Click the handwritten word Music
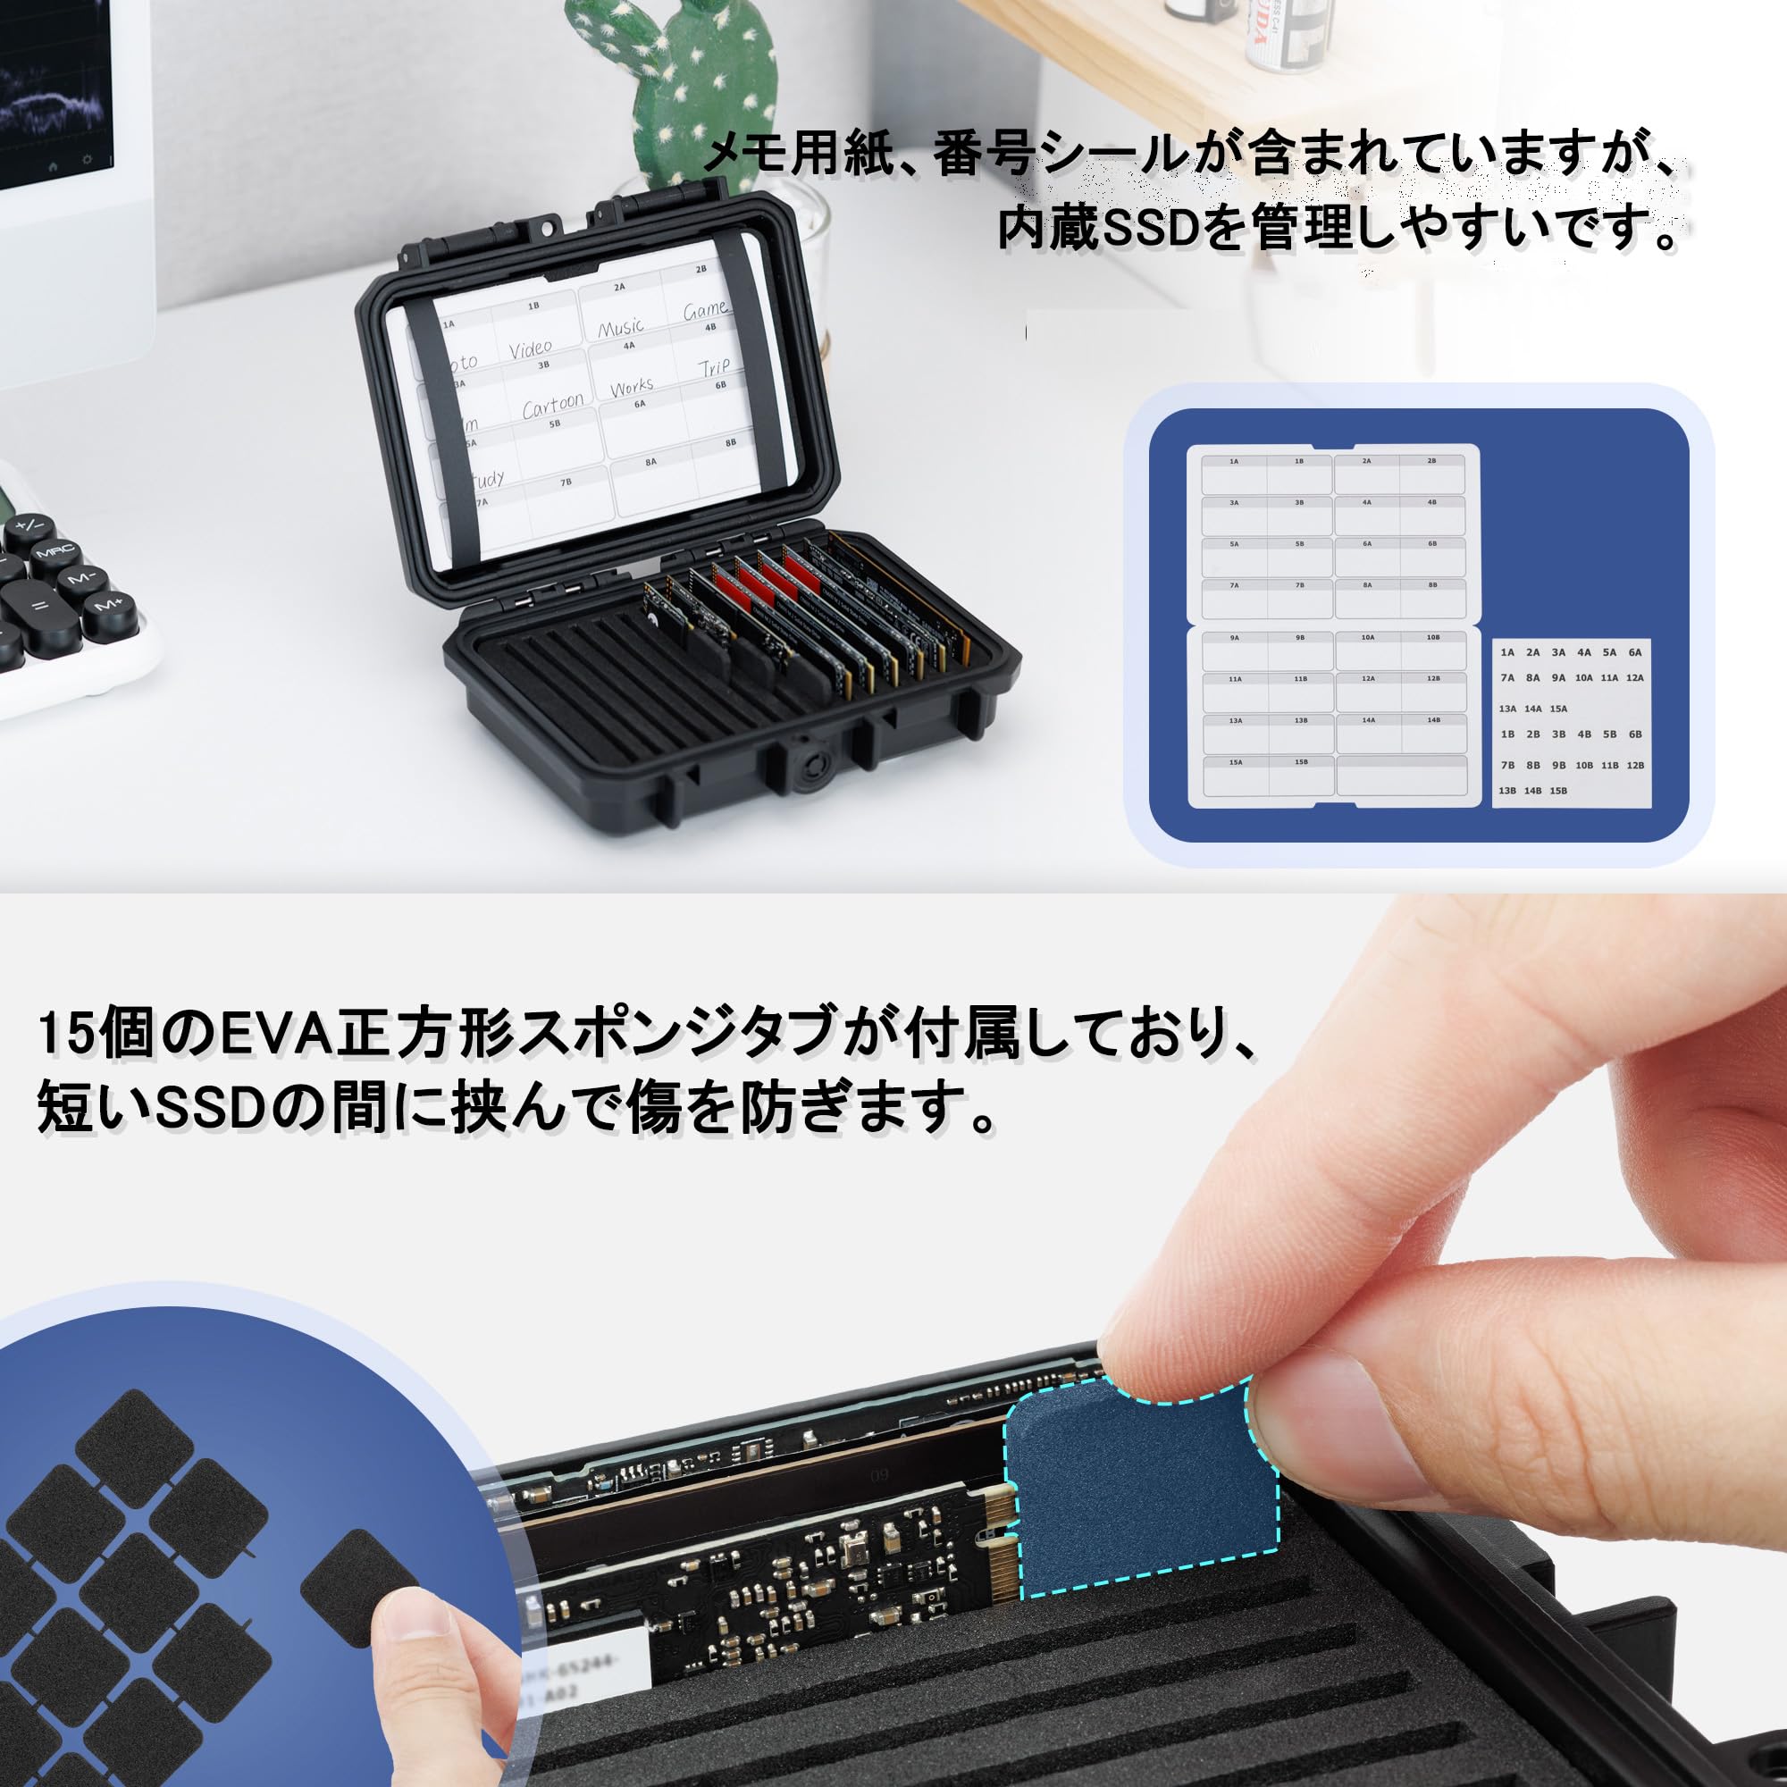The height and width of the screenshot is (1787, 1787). click(x=621, y=326)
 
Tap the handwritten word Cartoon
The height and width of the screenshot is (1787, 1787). click(x=553, y=405)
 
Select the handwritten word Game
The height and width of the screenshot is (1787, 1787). click(x=706, y=309)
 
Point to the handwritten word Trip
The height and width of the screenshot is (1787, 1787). click(x=714, y=367)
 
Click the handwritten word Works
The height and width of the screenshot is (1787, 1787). click(x=632, y=387)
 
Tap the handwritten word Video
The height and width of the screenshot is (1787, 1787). click(x=530, y=348)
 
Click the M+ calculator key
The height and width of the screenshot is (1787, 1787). click(x=109, y=605)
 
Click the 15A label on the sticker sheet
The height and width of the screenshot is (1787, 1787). click(x=1558, y=709)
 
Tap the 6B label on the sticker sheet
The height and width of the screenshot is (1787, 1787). click(x=1635, y=734)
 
